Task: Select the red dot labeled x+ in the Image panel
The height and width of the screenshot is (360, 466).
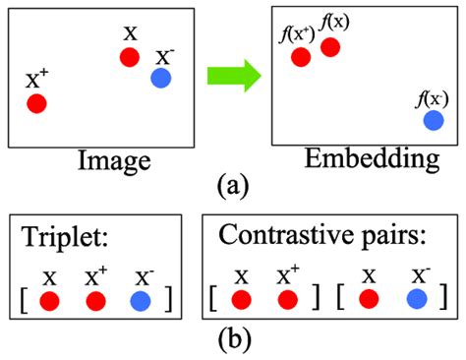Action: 37,102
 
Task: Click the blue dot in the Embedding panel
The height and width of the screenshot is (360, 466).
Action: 433,120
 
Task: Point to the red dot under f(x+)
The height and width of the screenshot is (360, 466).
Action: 302,57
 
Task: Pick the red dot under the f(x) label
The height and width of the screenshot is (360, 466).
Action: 330,46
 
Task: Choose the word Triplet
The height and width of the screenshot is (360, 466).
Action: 61,236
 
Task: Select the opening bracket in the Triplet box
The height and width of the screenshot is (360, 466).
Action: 26,296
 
